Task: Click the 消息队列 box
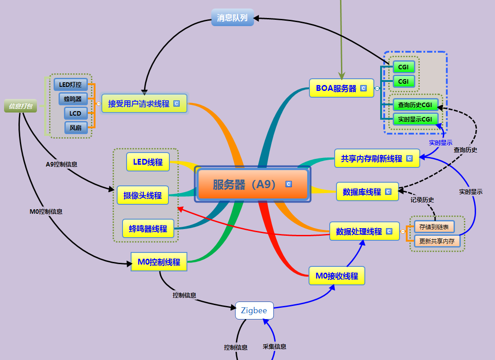pyautogui.click(x=232, y=18)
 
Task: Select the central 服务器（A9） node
pyautogui.click(x=252, y=184)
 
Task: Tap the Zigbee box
pyautogui.click(x=254, y=310)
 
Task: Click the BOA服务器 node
pyautogui.click(x=336, y=88)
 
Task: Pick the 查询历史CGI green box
pyautogui.click(x=415, y=105)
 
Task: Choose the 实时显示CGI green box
pyautogui.click(x=415, y=119)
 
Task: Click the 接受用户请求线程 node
pyautogui.click(x=139, y=103)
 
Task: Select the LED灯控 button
pyautogui.click(x=70, y=84)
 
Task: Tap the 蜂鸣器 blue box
pyautogui.click(x=73, y=99)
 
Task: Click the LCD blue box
pyautogui.click(x=75, y=113)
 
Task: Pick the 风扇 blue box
pyautogui.click(x=76, y=128)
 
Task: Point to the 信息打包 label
pyautogui.click(x=21, y=106)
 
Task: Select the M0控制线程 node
pyautogui.click(x=159, y=262)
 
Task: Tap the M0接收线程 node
pyautogui.click(x=336, y=276)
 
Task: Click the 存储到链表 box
pyautogui.click(x=434, y=227)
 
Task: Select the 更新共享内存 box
pyautogui.click(x=436, y=241)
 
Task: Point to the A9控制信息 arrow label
pyautogui.click(x=61, y=164)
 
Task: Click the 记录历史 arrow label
pyautogui.click(x=422, y=200)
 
